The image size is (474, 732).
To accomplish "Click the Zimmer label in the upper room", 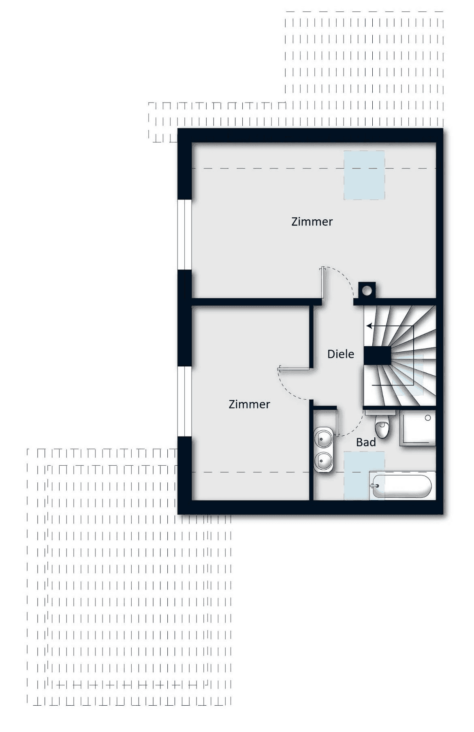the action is [312, 222].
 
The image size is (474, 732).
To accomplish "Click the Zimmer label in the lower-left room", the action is [249, 404].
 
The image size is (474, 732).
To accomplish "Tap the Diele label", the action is [341, 354].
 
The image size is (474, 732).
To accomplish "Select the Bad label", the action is [366, 442].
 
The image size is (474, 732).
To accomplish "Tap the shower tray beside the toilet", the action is [418, 428].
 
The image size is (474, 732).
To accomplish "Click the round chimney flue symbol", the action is [367, 290].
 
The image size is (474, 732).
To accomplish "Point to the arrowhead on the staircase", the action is [369, 326].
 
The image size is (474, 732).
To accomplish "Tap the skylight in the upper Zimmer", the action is [364, 175].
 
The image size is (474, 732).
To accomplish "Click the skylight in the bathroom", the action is [364, 475].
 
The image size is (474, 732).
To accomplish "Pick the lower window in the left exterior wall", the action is [184, 402].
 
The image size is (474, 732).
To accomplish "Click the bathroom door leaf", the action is [336, 423].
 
